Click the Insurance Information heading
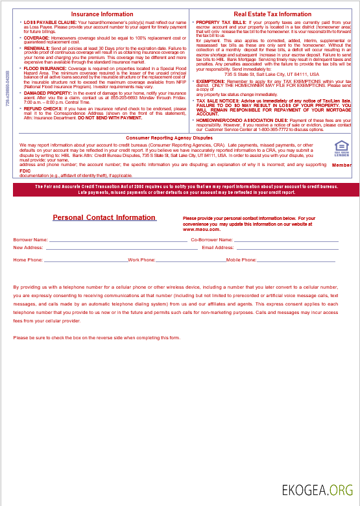(x=102, y=14)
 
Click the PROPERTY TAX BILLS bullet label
(x=221, y=22)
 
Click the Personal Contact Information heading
(x=104, y=217)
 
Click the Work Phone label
(x=141, y=259)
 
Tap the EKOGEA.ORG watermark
(x=318, y=490)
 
